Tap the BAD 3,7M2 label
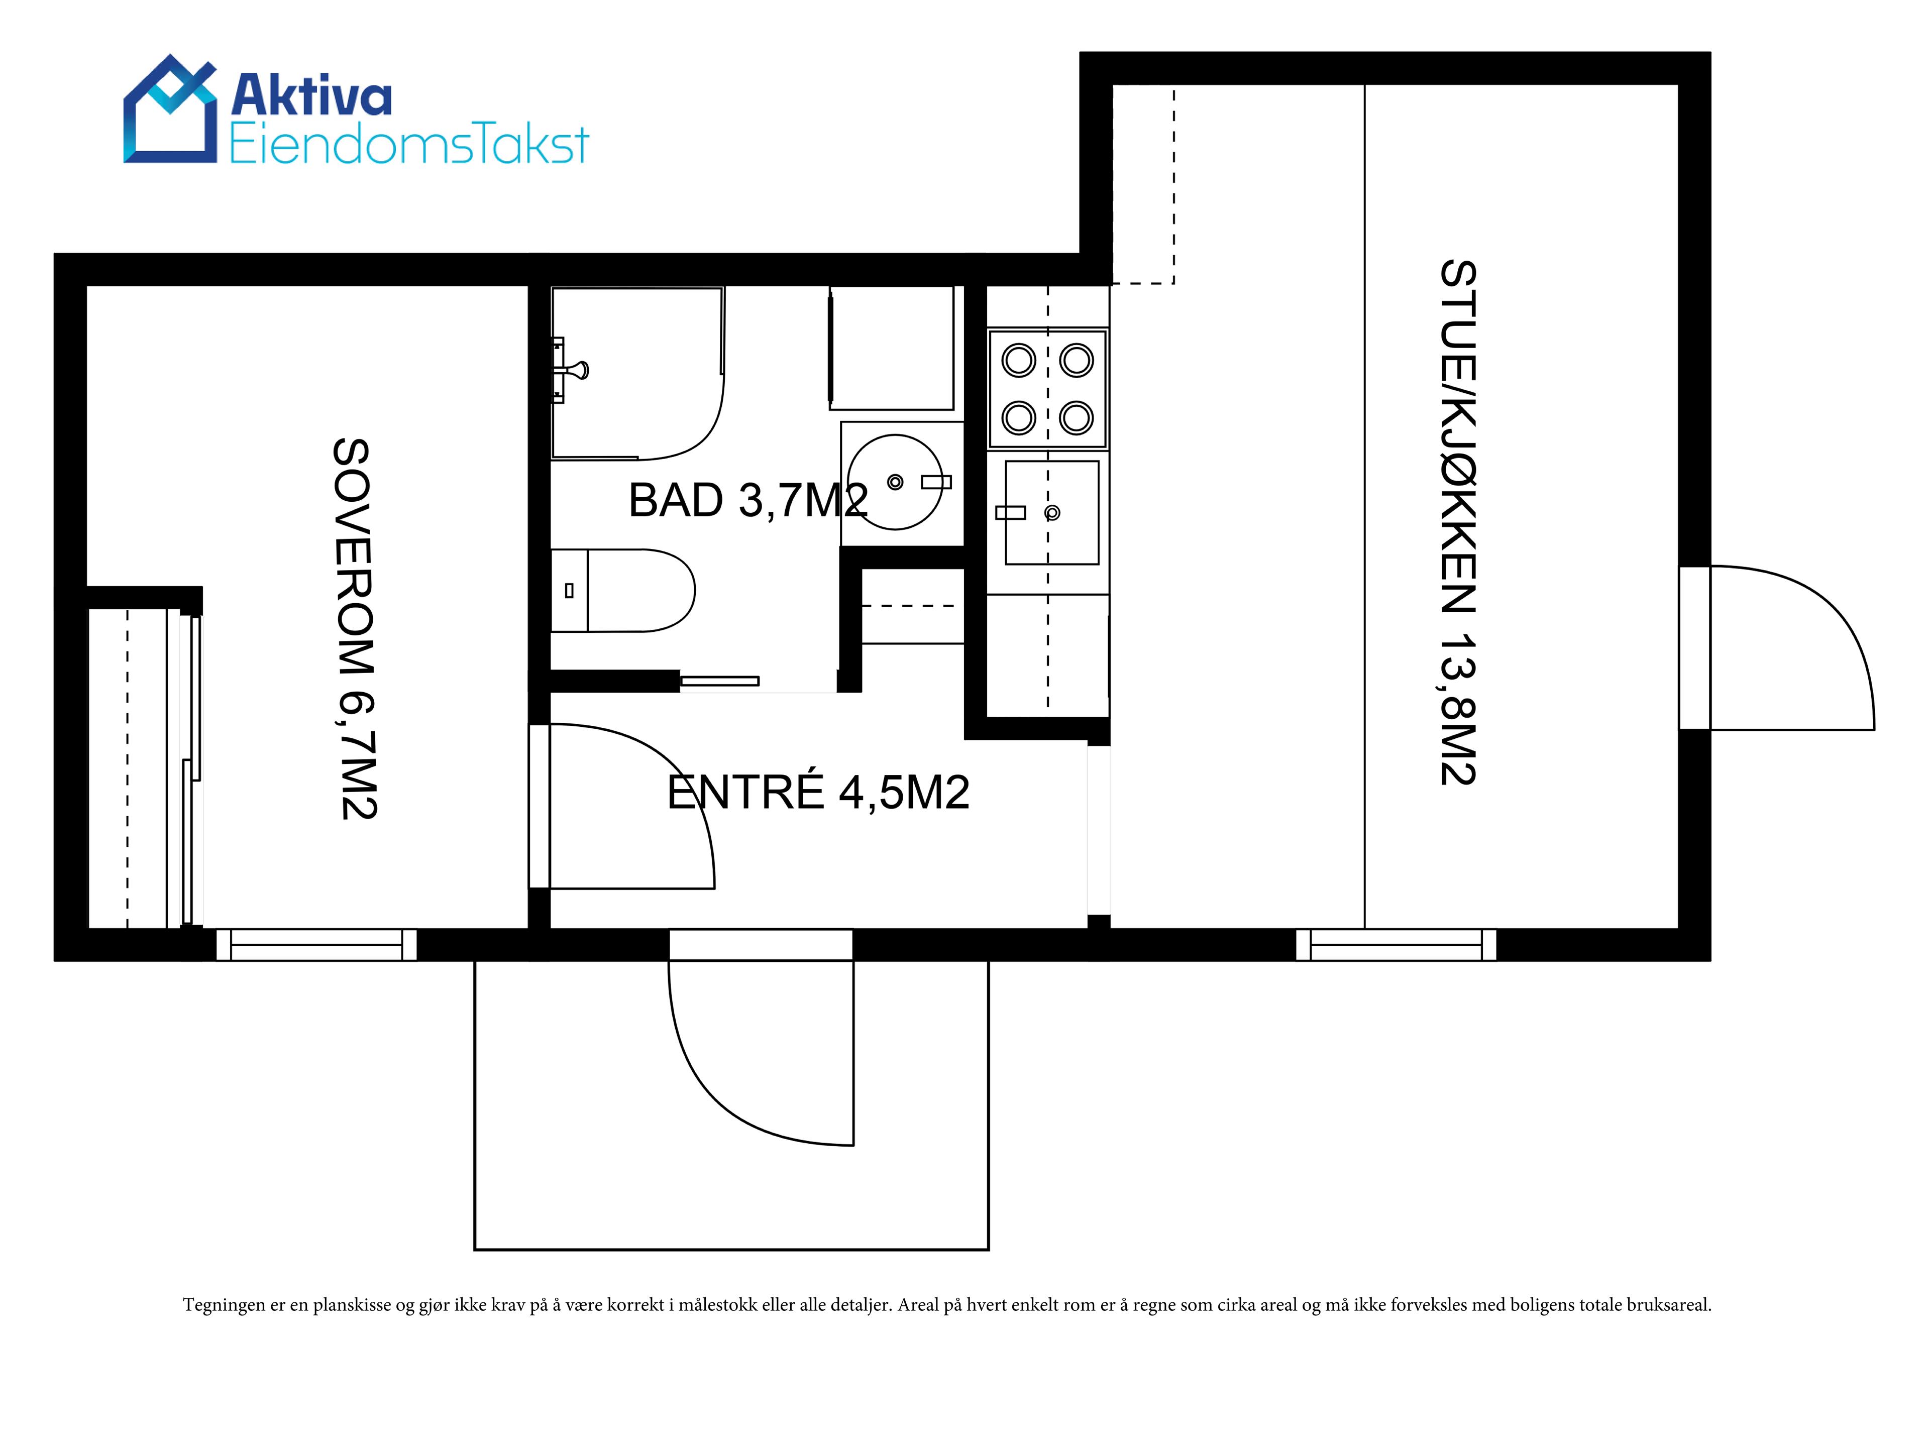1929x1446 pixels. (748, 501)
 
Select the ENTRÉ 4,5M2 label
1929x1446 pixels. (818, 792)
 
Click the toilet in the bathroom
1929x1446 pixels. (622, 591)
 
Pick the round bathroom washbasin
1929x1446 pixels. (896, 482)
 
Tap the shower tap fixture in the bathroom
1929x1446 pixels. (570, 371)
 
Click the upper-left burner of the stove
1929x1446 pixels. (1019, 360)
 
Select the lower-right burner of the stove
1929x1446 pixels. (1076, 418)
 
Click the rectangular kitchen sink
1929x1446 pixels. (1052, 512)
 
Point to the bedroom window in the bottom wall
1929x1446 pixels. (316, 945)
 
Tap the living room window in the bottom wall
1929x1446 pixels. (1396, 945)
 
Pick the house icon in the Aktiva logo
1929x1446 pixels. (170, 109)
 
